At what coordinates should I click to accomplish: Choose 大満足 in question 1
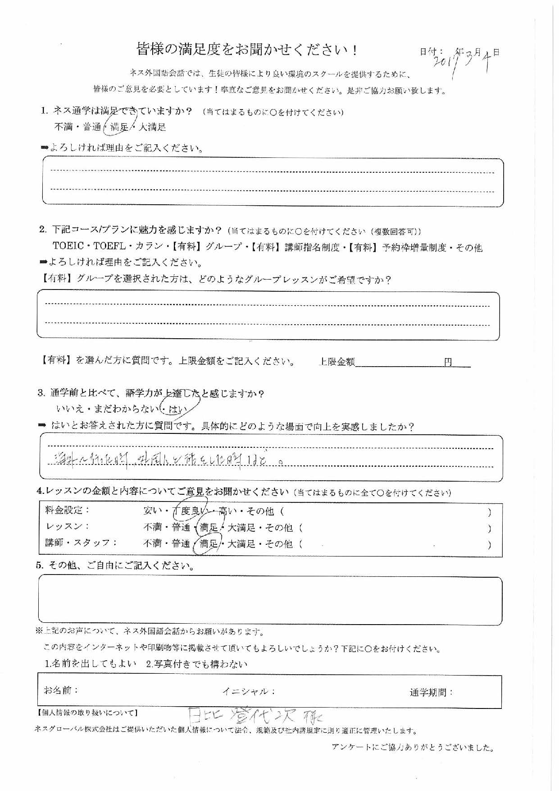[152, 127]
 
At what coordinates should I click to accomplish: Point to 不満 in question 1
[64, 127]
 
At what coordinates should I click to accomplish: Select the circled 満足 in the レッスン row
[209, 527]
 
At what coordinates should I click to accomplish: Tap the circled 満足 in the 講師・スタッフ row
[209, 544]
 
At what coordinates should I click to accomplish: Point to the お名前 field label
[61, 690]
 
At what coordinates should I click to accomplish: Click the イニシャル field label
[248, 691]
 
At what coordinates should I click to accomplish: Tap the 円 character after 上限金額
[448, 362]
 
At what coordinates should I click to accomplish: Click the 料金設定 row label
[67, 510]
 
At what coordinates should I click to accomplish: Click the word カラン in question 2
[146, 247]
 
